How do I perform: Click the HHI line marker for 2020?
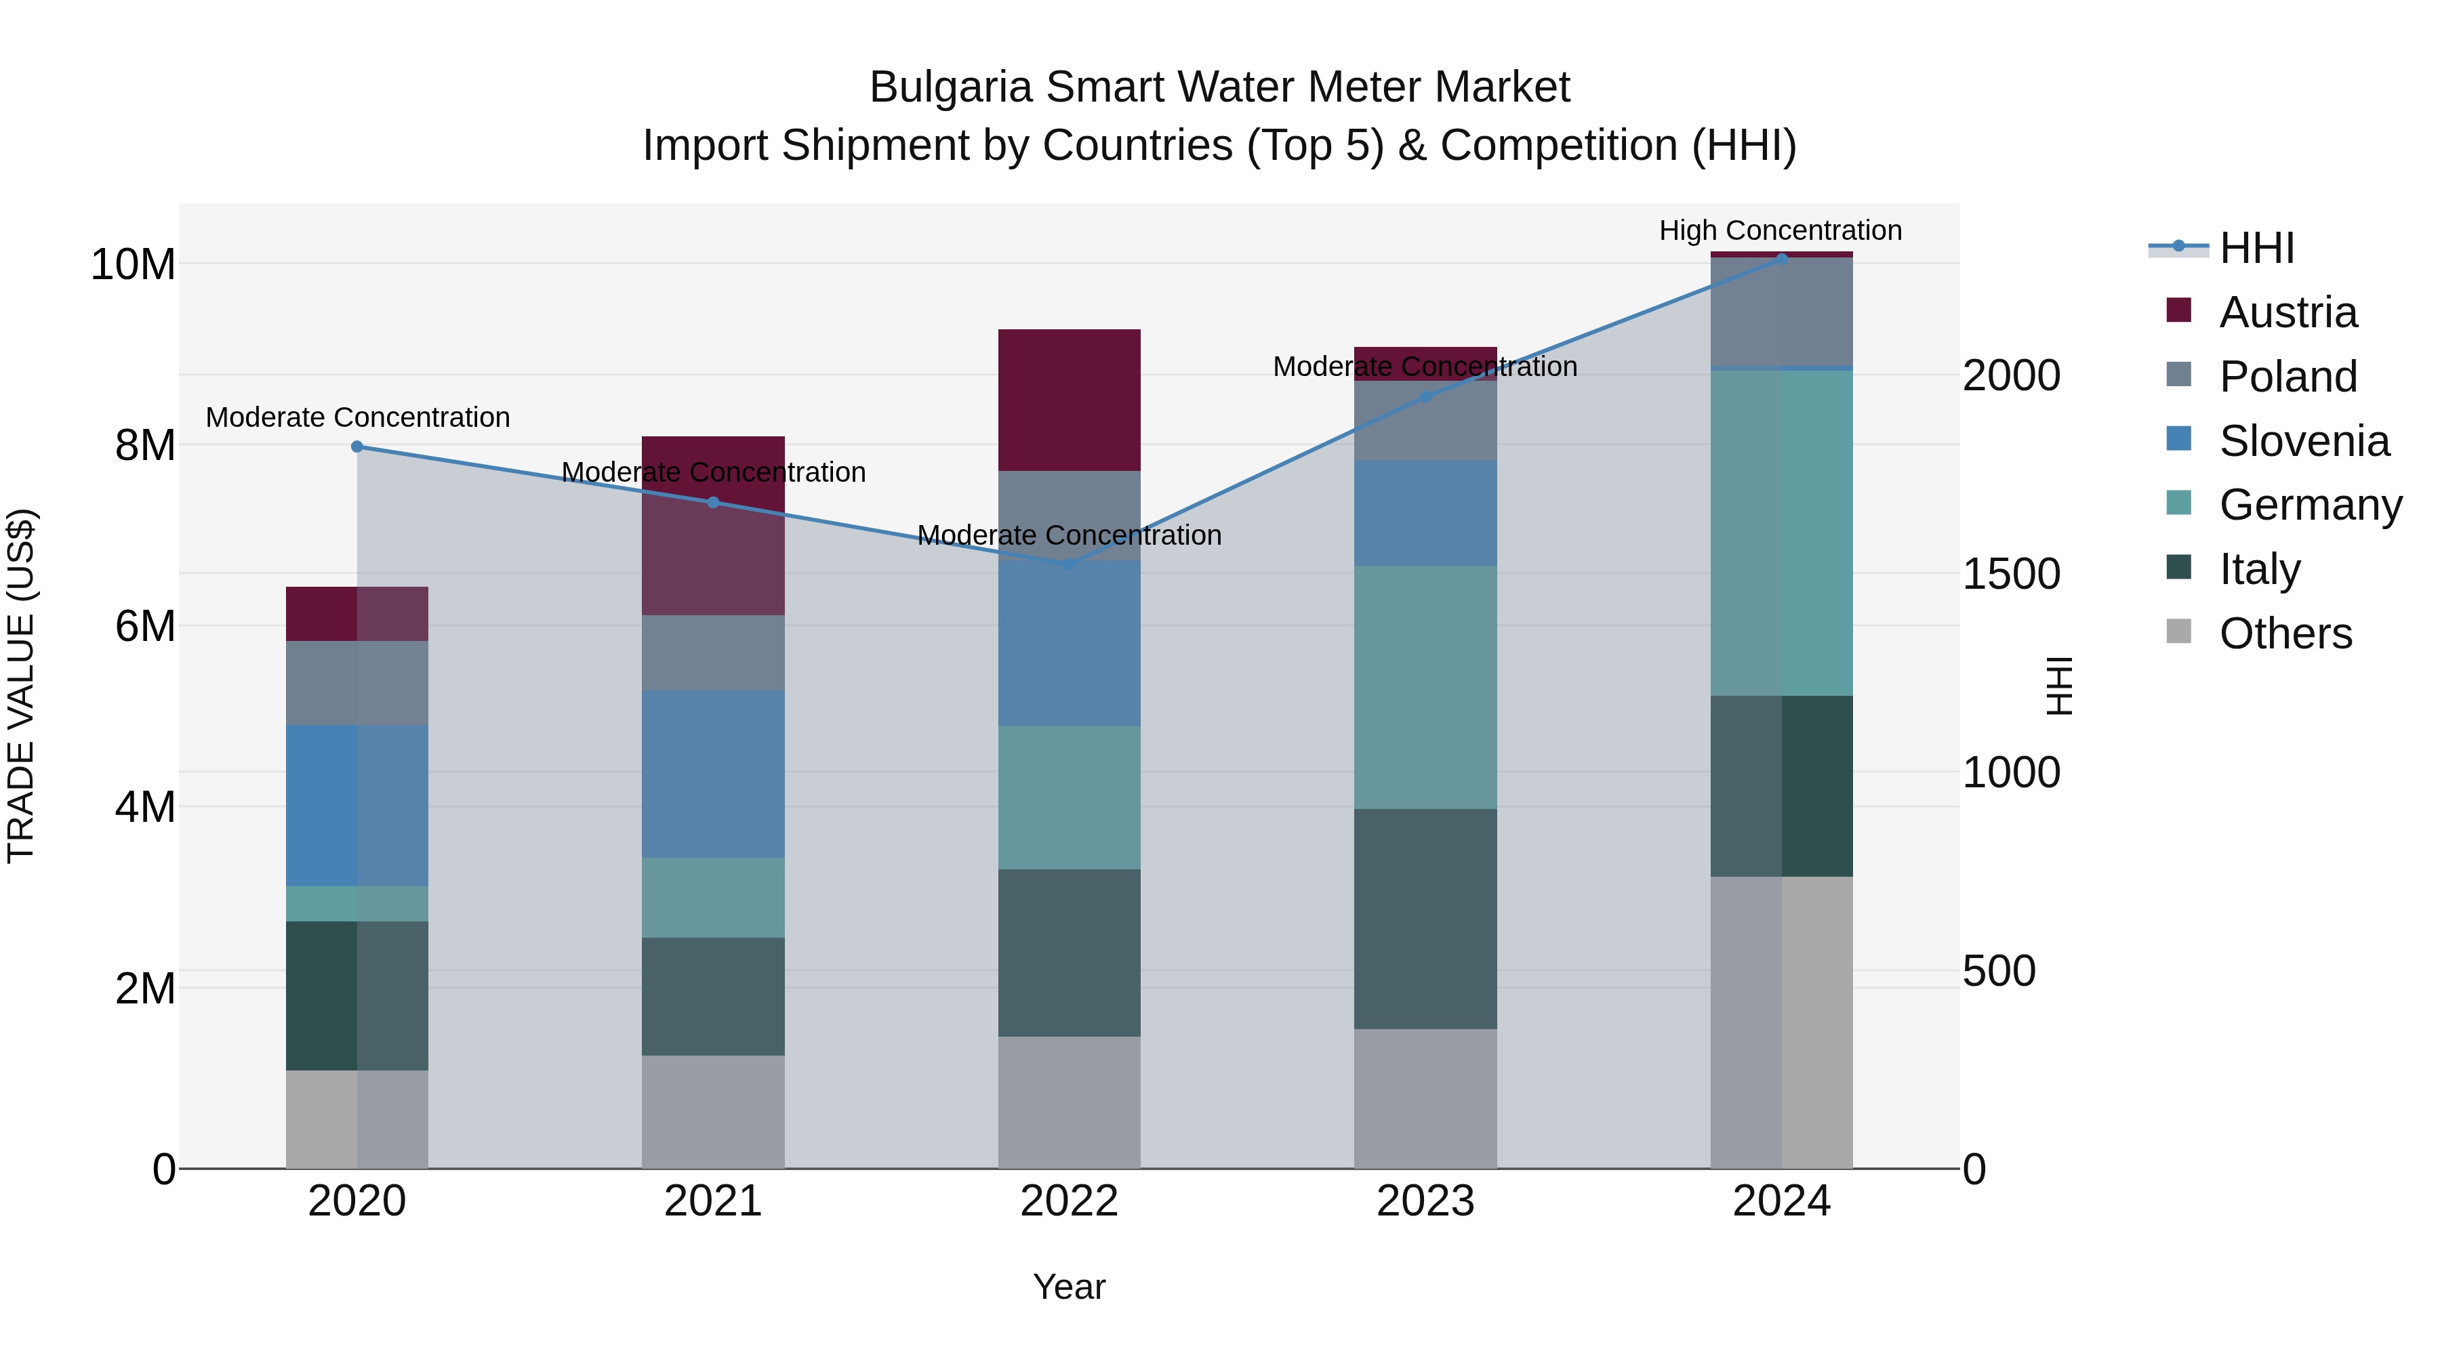(x=357, y=447)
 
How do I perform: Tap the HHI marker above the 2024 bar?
(x=1782, y=259)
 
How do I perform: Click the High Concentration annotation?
(x=1780, y=230)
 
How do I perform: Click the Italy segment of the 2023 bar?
(x=1425, y=919)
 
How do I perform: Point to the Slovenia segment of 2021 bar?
(x=712, y=774)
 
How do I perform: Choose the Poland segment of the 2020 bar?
(x=357, y=683)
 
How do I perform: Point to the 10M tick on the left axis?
(x=133, y=264)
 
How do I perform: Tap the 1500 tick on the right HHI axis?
(x=2011, y=574)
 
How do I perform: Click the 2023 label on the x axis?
(x=1425, y=1201)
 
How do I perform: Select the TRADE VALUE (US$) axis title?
(x=21, y=686)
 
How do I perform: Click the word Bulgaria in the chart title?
(x=950, y=87)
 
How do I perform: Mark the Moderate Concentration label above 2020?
(x=357, y=417)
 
